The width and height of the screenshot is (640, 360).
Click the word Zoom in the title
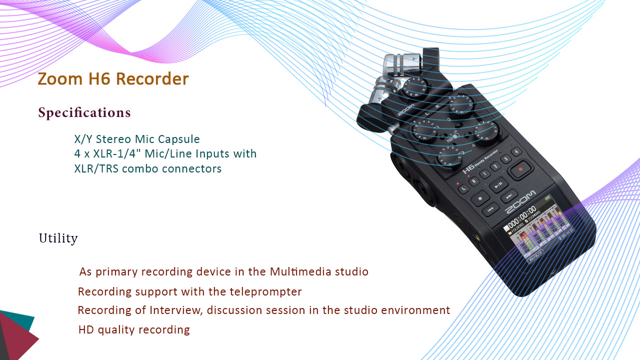coord(60,78)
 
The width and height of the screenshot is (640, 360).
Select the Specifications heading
coord(84,112)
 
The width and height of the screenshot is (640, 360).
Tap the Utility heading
coord(58,238)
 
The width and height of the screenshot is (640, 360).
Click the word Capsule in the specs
coord(179,139)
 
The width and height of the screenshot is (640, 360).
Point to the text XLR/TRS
coord(96,168)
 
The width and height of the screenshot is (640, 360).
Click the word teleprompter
coord(265,292)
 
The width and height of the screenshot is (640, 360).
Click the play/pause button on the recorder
coord(498,185)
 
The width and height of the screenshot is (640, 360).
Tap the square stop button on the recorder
coord(480,198)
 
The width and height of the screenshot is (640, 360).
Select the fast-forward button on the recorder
coord(509,196)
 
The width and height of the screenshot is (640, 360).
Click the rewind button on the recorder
coord(490,209)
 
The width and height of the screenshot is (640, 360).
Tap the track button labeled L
coord(463,188)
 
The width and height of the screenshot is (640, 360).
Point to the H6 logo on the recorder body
coord(469,169)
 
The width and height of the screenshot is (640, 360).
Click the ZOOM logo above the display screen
coord(521,201)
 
